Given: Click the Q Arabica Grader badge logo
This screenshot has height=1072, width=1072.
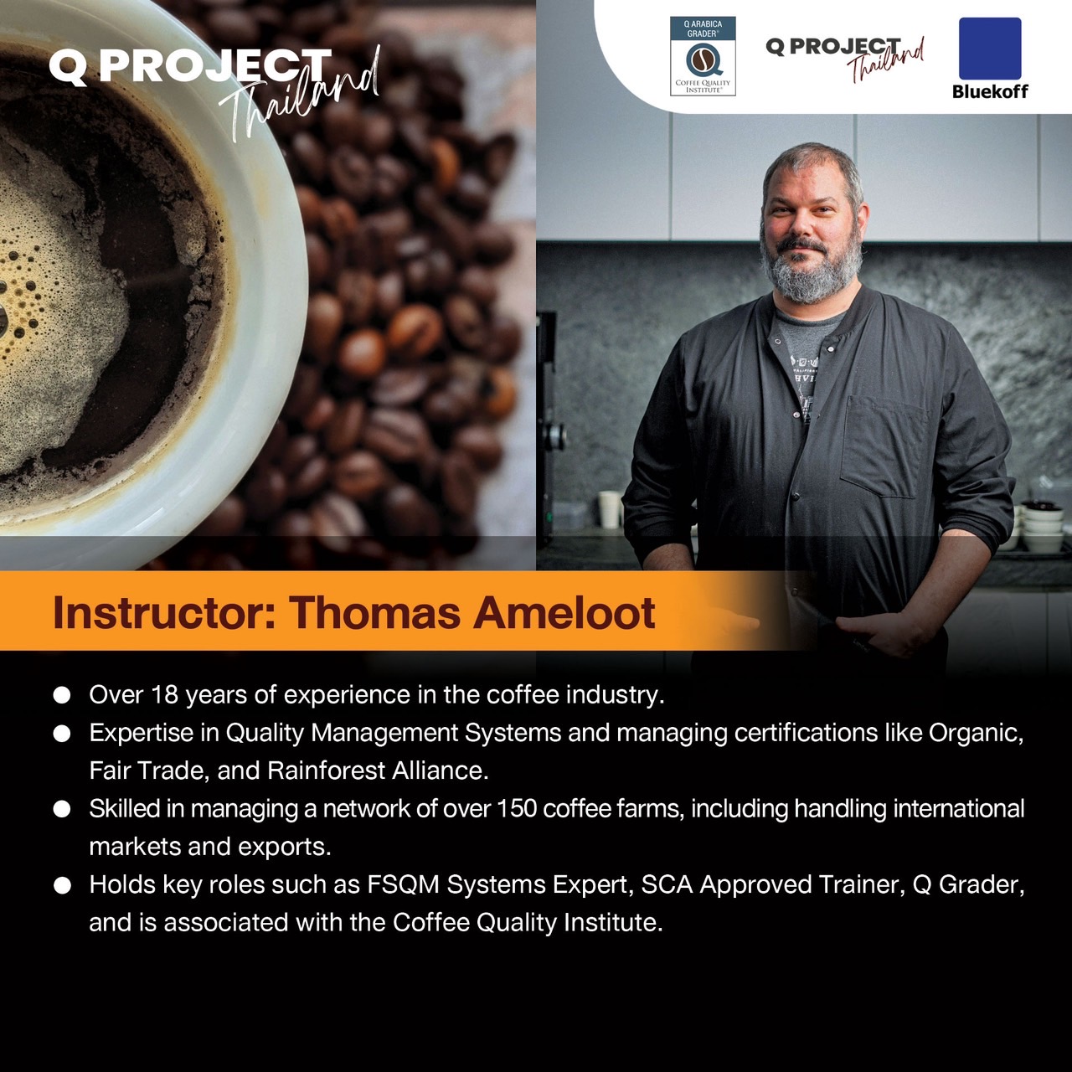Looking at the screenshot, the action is (703, 56).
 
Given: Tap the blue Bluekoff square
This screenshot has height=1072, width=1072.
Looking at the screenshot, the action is (990, 49).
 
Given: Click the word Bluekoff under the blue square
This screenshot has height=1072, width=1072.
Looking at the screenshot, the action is (990, 91).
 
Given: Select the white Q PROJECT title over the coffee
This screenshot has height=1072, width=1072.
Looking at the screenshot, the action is (190, 67).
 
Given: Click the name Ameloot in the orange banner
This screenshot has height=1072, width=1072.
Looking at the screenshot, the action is (564, 612).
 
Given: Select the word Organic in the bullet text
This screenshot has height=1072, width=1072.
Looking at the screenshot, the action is (976, 733).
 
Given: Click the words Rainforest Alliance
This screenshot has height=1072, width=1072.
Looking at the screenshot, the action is (378, 771).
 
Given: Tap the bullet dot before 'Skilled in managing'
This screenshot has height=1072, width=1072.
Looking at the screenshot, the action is (62, 809).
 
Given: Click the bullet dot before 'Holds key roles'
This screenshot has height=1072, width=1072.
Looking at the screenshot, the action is (62, 885).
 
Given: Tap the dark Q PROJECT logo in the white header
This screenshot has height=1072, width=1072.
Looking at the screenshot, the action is (845, 59).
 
